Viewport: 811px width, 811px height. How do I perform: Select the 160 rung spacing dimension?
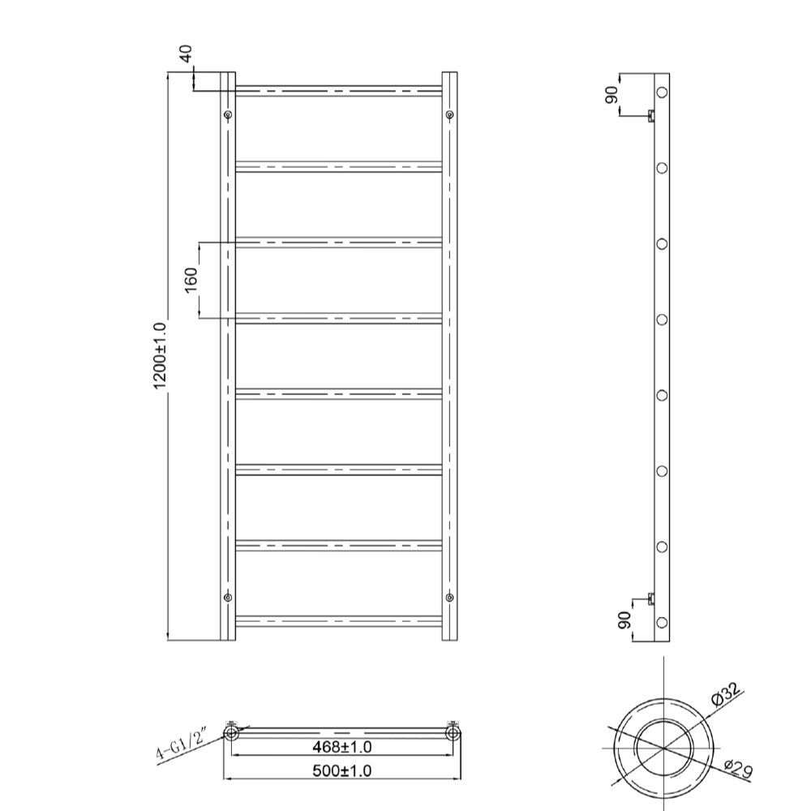(x=191, y=280)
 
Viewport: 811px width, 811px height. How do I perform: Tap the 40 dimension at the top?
(x=185, y=54)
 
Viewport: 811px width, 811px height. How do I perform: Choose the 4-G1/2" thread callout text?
(x=182, y=746)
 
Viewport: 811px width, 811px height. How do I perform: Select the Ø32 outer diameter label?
(x=727, y=694)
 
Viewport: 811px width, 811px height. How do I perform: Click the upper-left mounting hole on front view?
(x=228, y=114)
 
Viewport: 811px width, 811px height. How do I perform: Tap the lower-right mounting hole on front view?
(x=449, y=598)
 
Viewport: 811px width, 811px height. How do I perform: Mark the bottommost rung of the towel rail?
(x=339, y=621)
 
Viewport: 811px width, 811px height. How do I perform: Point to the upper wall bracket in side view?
(x=651, y=116)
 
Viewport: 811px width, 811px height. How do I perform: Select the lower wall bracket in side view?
(x=651, y=599)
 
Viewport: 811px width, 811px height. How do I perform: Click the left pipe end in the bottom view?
(x=231, y=733)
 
